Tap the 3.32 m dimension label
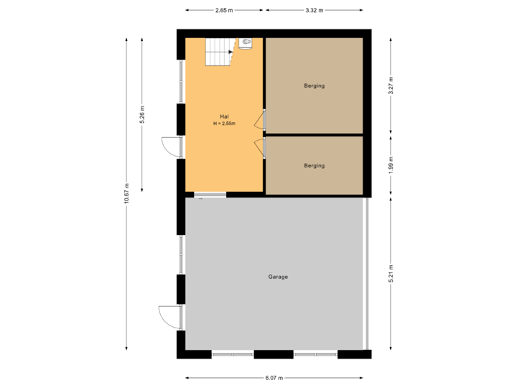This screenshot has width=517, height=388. [315, 10]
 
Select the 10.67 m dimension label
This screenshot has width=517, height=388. [126, 193]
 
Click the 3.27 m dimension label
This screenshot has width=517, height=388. [391, 86]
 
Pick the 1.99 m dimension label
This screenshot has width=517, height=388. [391, 165]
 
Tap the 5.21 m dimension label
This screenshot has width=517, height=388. [391, 273]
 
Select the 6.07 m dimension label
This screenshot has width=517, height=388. [274, 377]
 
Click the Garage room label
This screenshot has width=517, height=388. [278, 277]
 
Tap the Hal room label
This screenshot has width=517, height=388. [224, 116]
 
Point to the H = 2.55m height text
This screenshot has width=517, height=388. [224, 124]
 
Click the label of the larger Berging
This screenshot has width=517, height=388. [314, 86]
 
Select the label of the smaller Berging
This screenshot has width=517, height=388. [314, 165]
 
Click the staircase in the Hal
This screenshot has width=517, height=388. [219, 52]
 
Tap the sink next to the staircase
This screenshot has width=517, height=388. [246, 44]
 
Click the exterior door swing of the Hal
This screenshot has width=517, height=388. [168, 146]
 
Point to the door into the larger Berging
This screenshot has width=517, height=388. [260, 121]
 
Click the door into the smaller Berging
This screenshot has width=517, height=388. [260, 147]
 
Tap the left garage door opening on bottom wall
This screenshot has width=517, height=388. [233, 354]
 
